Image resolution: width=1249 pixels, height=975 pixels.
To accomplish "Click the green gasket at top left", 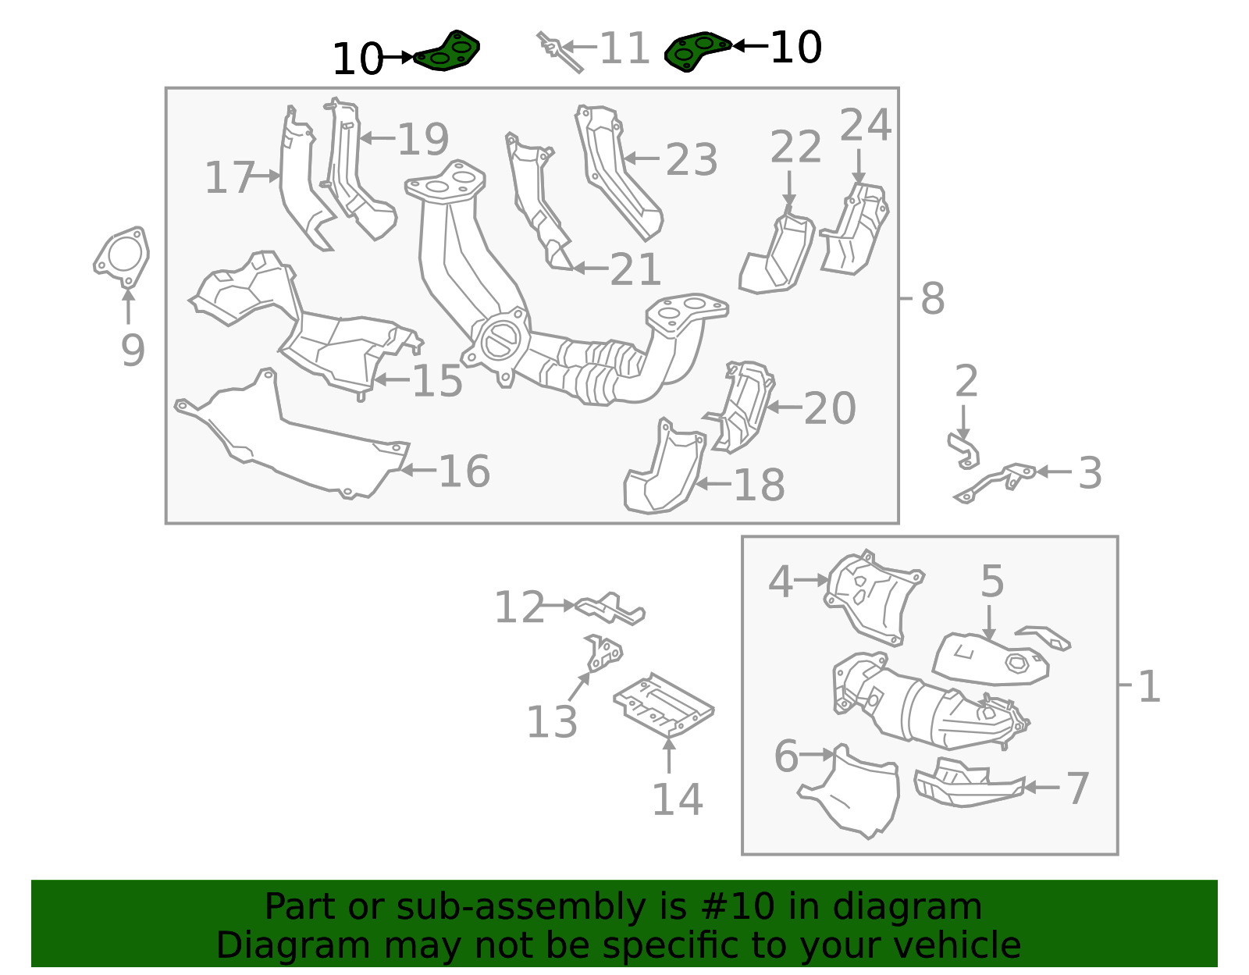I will pos(448,52).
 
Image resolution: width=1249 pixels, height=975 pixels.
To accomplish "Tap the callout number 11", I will pos(624,48).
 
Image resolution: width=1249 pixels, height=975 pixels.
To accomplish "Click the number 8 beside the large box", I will pos(932,298).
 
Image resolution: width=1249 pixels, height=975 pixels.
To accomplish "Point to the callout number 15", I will pos(437,381).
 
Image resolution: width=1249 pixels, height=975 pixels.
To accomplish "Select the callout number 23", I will pos(691,160).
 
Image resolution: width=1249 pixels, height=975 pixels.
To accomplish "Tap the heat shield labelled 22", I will pos(781,258).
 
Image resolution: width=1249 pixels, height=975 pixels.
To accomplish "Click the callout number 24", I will pos(865,125).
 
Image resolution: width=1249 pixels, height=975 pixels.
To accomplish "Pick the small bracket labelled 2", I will pos(965,451).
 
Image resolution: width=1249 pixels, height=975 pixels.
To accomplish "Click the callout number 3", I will pos(1090,473).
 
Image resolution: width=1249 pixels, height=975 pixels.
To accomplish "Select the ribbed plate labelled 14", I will pos(664,704).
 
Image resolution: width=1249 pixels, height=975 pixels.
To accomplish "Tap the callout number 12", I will pos(519,607).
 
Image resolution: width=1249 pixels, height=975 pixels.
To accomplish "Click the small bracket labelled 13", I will pos(603,654).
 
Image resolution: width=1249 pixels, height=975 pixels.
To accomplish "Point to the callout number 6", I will pos(786,756).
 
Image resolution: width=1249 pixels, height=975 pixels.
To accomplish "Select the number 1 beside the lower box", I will pos(1148,687).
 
